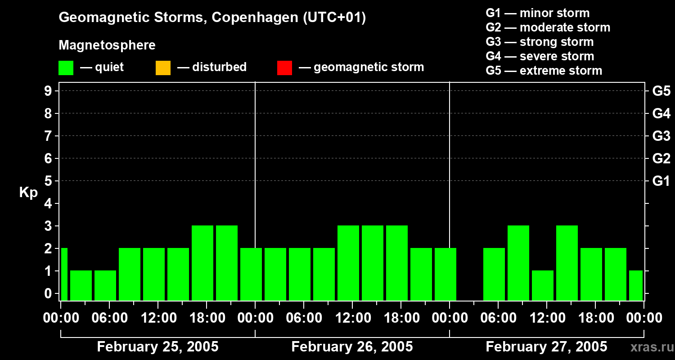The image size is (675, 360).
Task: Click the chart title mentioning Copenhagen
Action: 212,18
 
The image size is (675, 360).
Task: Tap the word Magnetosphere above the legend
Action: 107,45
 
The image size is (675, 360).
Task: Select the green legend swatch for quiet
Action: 66,68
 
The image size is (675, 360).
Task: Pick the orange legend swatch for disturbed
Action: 163,68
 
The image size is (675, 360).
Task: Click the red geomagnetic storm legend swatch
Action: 284,68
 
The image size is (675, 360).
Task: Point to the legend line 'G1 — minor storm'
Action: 538,13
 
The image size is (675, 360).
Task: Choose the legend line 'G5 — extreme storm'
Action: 544,71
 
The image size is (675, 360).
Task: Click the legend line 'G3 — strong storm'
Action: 540,42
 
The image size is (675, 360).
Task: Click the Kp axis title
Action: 28,193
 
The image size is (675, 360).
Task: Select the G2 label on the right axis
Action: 661,159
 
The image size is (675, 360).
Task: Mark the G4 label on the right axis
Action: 661,114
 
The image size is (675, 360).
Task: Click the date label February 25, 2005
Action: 157,347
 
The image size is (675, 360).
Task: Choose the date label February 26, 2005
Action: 352,347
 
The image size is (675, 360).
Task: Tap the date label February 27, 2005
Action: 546,347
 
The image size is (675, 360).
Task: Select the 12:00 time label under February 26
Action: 352,318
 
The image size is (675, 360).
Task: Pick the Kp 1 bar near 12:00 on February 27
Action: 543,285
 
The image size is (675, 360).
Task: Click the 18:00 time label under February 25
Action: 206,318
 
